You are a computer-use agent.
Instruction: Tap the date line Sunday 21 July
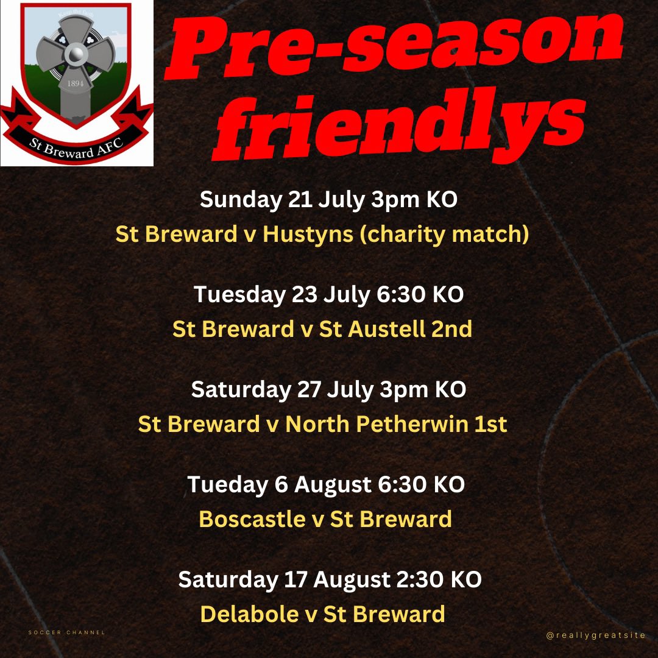click(x=287, y=199)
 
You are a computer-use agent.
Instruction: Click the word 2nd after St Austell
click(x=451, y=329)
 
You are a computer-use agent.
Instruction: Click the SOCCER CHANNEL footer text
click(x=67, y=632)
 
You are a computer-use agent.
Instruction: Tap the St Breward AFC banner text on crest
click(x=77, y=144)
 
